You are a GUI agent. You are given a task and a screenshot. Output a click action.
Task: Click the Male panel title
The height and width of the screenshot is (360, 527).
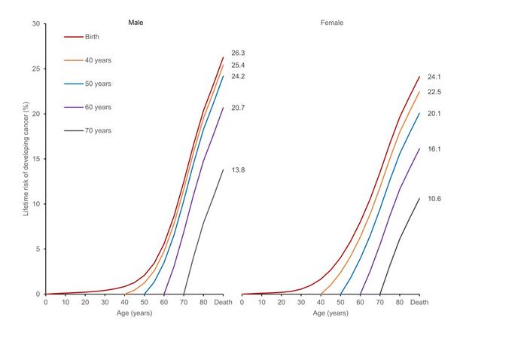[x=136, y=23]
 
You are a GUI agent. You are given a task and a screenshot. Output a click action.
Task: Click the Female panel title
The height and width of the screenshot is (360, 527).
[x=332, y=23]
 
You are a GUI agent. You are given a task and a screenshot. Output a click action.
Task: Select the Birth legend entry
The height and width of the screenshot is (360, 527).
[x=91, y=36]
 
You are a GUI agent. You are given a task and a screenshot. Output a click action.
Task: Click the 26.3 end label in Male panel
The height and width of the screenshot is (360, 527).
[x=238, y=53]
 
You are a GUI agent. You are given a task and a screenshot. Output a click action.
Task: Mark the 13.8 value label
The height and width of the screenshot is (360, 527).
[x=238, y=170]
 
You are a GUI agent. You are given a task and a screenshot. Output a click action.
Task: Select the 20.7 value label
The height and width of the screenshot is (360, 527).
[x=238, y=108]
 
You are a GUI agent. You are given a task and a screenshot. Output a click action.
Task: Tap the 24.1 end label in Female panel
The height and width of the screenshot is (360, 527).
[x=434, y=77]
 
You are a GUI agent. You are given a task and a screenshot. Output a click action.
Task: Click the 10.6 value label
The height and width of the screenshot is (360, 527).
[x=434, y=199]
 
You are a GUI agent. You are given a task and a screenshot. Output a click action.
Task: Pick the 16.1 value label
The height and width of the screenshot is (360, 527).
[x=434, y=149]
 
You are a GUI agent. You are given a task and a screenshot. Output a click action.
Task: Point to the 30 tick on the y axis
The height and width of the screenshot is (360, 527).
[x=36, y=24]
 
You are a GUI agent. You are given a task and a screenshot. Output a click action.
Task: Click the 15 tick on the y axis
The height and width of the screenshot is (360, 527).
[x=36, y=159]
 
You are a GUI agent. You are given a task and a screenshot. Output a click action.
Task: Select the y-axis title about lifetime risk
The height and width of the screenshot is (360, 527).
[x=25, y=160]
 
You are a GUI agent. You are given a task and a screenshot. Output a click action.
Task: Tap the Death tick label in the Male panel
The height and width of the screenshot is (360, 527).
[x=223, y=303]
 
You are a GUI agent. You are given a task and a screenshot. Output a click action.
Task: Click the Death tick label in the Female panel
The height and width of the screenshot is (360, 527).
[x=419, y=303]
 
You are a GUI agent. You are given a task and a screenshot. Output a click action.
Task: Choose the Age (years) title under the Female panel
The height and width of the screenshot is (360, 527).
[x=329, y=313]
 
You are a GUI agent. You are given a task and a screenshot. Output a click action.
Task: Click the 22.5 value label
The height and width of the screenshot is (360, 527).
[x=434, y=92]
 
